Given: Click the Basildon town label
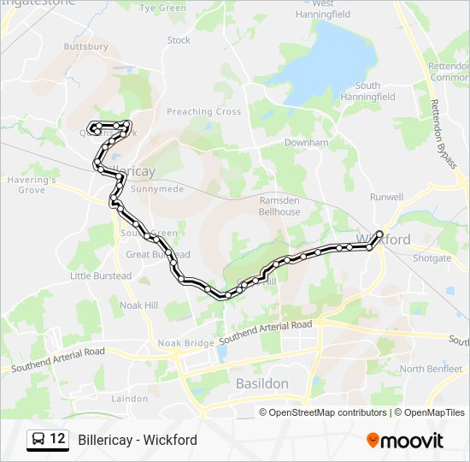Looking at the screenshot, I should point(263,383).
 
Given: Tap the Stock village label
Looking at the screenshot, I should point(179,40).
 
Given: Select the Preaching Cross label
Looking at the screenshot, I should point(203,112).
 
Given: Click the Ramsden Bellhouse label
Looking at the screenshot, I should point(279,205).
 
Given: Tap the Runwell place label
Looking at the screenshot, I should point(386,197).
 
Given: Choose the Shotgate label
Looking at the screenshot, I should point(432,258).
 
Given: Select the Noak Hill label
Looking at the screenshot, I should point(139,305).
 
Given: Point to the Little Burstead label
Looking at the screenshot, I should point(101,275).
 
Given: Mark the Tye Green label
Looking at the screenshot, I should point(162,9).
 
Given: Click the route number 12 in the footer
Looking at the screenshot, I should point(57,440).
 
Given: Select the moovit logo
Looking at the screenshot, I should point(405,441).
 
